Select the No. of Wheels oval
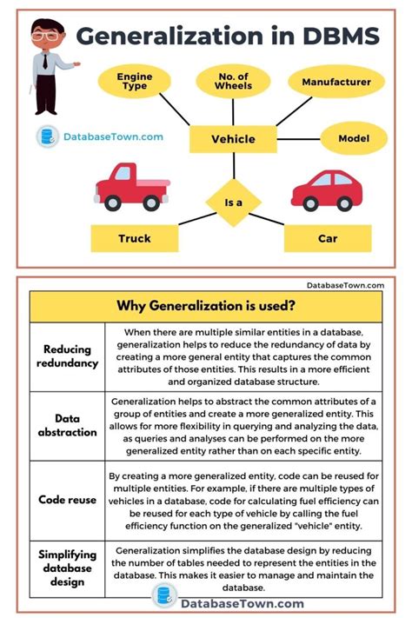233,83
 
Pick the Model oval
353,138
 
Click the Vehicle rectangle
233,138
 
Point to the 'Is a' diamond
233,203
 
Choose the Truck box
134,237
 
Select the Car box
328,237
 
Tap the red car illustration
326,189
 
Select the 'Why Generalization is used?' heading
206,306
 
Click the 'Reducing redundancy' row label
67,356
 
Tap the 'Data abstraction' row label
67,425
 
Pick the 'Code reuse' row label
67,500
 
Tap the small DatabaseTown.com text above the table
345,284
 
